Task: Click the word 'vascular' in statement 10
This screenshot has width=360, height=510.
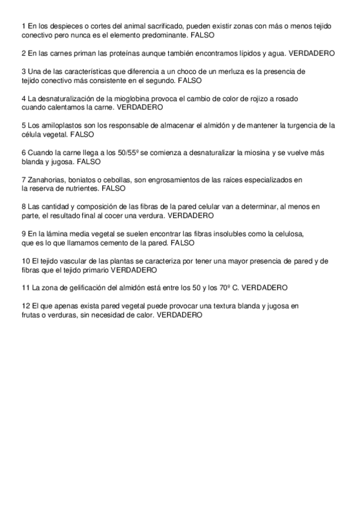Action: [x=70, y=261]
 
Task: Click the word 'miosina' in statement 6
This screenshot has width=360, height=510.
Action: [x=254, y=153]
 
